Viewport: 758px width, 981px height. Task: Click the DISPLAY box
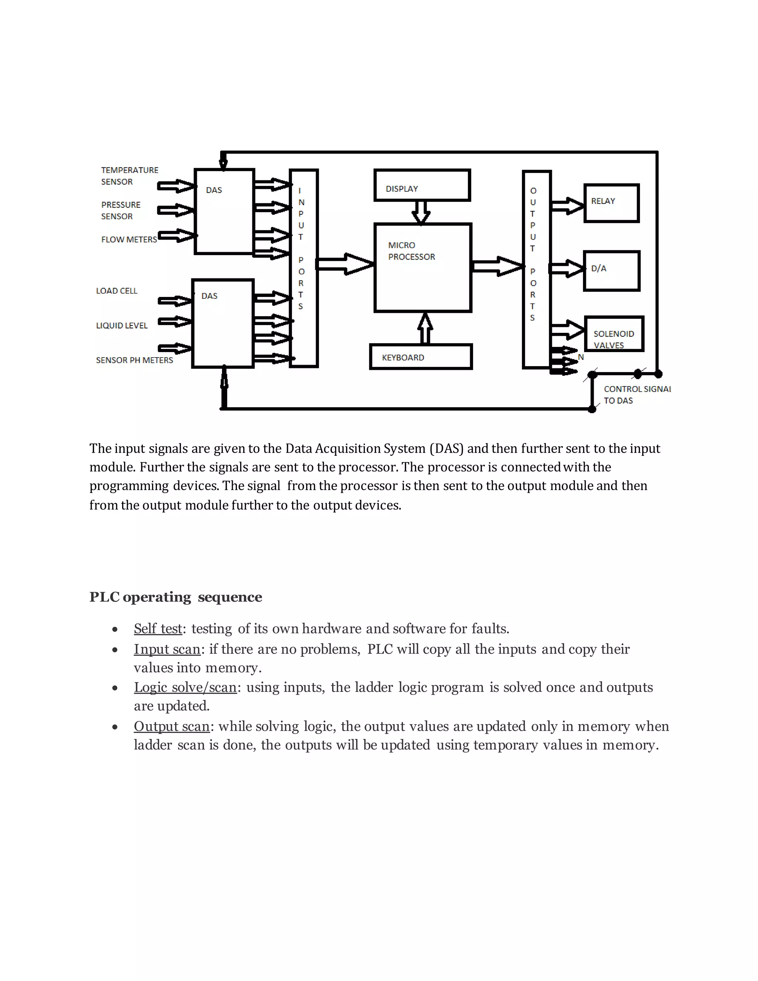(422, 185)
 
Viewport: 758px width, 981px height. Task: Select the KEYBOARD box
(421, 357)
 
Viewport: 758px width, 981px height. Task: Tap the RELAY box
(611, 203)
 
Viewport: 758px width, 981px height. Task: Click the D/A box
(611, 271)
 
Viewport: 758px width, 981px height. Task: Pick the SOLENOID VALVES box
(614, 334)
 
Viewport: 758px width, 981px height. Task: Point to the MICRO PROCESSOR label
(411, 251)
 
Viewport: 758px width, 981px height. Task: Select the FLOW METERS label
(129, 240)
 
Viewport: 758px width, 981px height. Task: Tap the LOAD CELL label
(116, 291)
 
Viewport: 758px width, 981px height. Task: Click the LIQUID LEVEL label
(122, 325)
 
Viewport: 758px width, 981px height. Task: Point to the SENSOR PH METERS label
(134, 360)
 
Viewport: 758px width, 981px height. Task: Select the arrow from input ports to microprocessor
(345, 264)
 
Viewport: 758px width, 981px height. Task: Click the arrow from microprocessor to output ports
(497, 267)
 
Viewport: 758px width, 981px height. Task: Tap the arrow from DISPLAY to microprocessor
(421, 212)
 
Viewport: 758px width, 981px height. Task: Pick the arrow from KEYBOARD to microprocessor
(425, 328)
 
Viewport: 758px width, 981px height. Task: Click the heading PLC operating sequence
(175, 597)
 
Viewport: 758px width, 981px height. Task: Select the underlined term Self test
(158, 629)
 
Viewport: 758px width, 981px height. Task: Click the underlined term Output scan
(171, 726)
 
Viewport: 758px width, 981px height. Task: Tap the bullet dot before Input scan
(115, 650)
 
